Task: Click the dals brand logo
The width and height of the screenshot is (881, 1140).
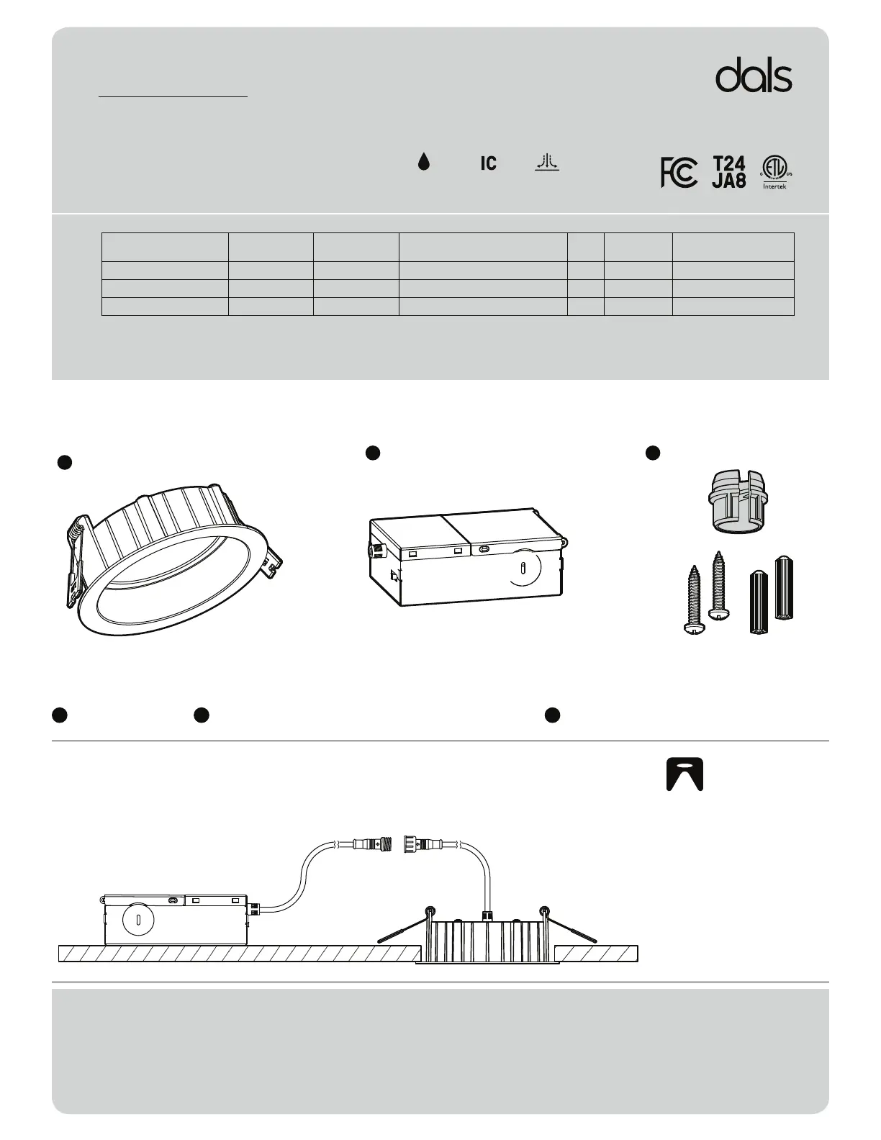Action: click(754, 77)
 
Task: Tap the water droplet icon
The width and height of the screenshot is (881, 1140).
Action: click(424, 163)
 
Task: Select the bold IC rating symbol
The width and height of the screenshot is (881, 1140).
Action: click(488, 163)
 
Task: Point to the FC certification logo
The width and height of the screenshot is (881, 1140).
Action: click(678, 173)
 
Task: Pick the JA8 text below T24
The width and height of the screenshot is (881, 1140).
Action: click(728, 181)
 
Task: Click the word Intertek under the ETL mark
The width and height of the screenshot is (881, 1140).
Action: click(774, 186)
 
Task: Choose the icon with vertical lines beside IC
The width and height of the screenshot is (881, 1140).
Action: click(547, 163)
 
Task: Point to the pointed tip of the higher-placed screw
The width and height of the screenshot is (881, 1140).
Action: click(717, 555)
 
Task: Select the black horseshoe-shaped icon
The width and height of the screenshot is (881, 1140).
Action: click(685, 774)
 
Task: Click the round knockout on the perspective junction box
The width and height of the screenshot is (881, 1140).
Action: click(523, 566)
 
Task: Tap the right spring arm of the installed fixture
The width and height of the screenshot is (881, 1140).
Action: click(570, 927)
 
